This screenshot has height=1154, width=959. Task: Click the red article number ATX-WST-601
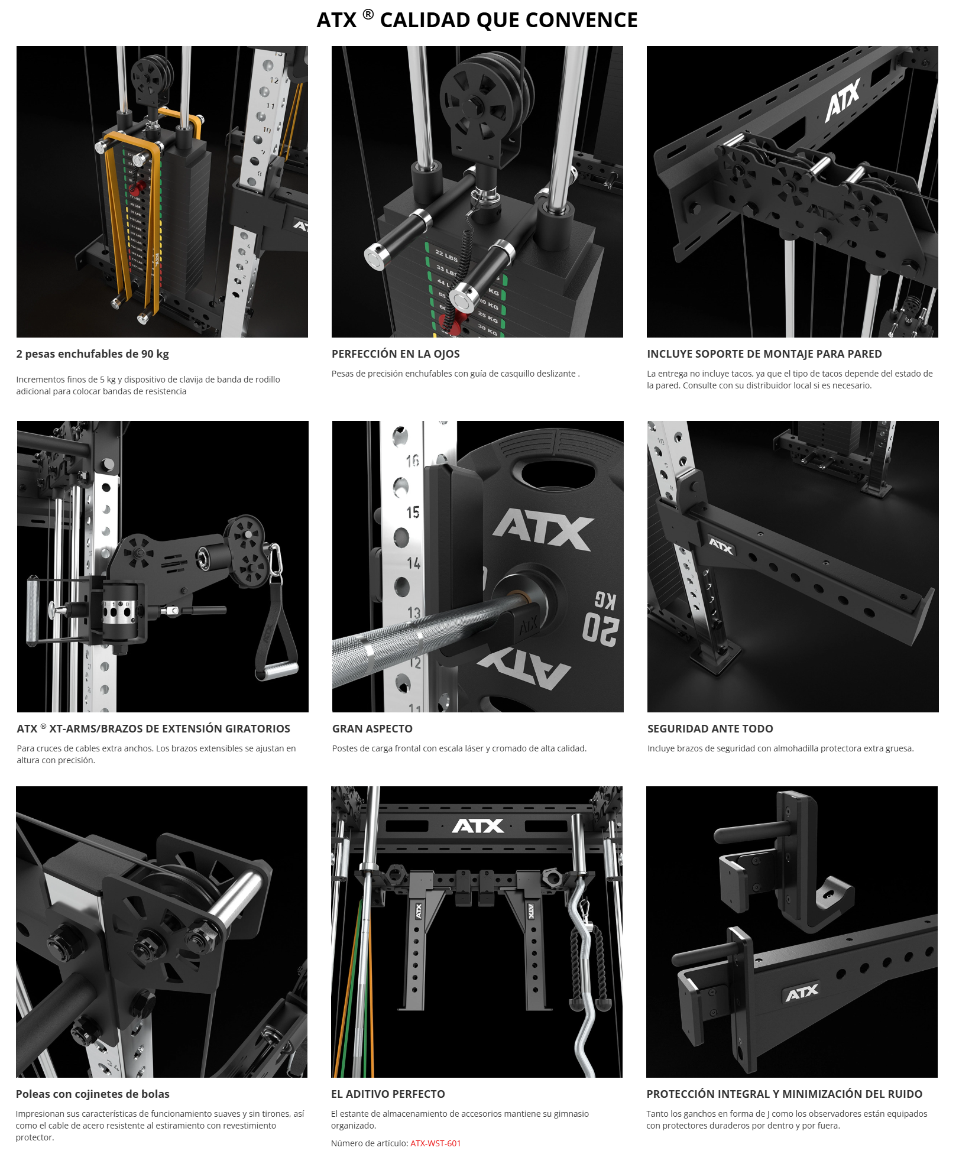435,1143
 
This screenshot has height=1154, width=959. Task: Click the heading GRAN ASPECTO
372,728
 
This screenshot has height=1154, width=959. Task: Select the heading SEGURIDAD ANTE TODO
710,728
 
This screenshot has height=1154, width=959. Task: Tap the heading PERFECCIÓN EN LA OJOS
396,354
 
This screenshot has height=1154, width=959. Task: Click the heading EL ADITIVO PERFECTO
388,1094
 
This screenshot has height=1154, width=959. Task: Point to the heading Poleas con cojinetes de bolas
93,1094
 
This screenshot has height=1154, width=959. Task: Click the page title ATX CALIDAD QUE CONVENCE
477,20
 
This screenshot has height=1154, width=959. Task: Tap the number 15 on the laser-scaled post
413,512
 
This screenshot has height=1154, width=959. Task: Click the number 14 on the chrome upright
414,563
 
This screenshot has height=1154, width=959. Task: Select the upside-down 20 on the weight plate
600,628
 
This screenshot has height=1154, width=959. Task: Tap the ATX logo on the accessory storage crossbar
478,826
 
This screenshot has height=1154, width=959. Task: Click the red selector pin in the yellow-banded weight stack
135,188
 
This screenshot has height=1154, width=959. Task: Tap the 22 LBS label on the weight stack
446,255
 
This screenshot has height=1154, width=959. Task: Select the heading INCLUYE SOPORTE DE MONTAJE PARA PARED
764,354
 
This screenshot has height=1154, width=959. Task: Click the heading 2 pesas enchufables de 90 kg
93,354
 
